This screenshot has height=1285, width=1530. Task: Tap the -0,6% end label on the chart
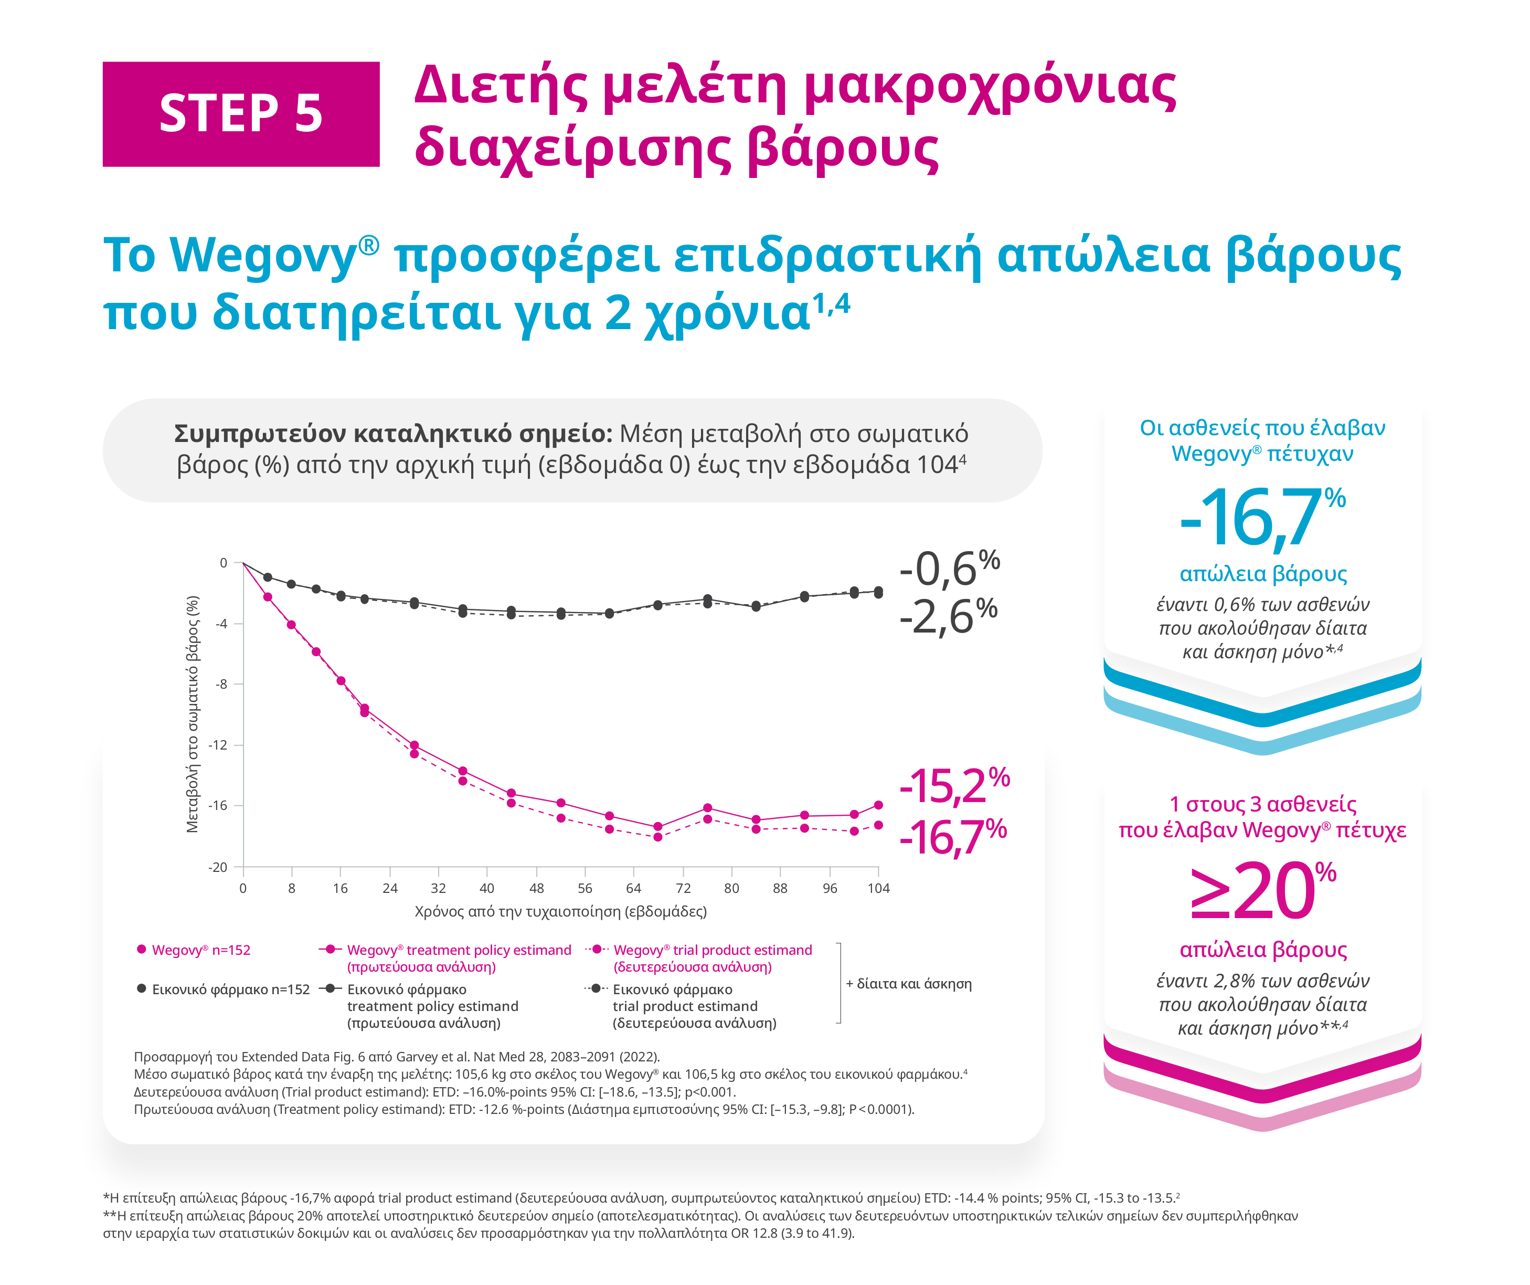point(949,568)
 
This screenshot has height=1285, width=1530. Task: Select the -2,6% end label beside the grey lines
point(947,617)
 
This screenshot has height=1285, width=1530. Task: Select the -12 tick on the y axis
point(218,745)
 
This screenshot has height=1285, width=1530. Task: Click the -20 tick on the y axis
point(218,867)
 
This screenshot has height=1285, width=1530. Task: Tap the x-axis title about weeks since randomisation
point(560,911)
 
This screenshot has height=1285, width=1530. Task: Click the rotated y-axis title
point(193,714)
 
